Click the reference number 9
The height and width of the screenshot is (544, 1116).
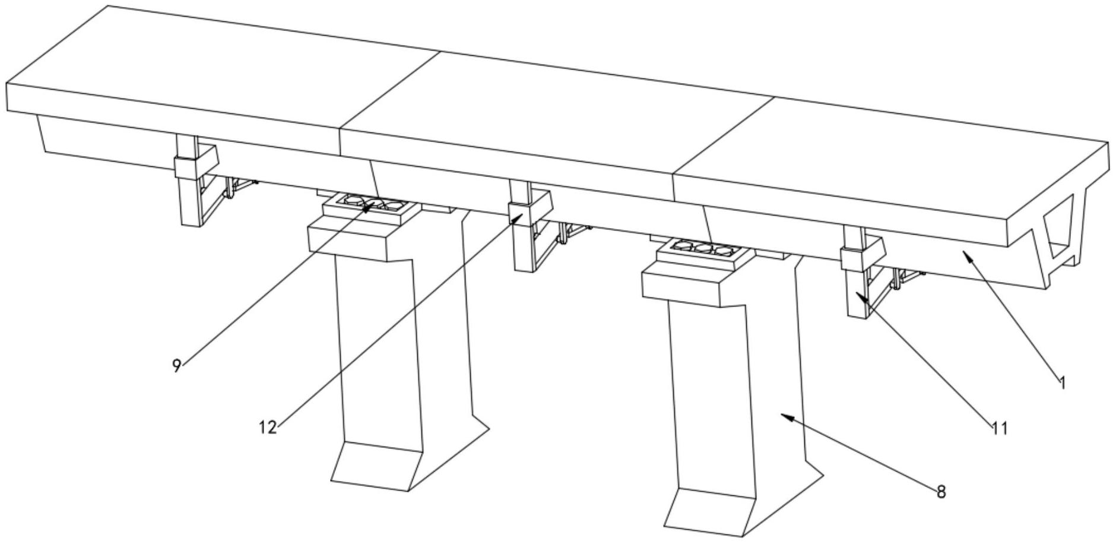tap(176, 366)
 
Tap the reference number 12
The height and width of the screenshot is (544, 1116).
tap(268, 426)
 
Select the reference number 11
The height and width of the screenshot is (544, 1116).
tap(1000, 428)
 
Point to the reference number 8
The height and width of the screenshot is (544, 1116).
tap(941, 492)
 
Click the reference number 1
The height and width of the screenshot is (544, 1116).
tap(1063, 383)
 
